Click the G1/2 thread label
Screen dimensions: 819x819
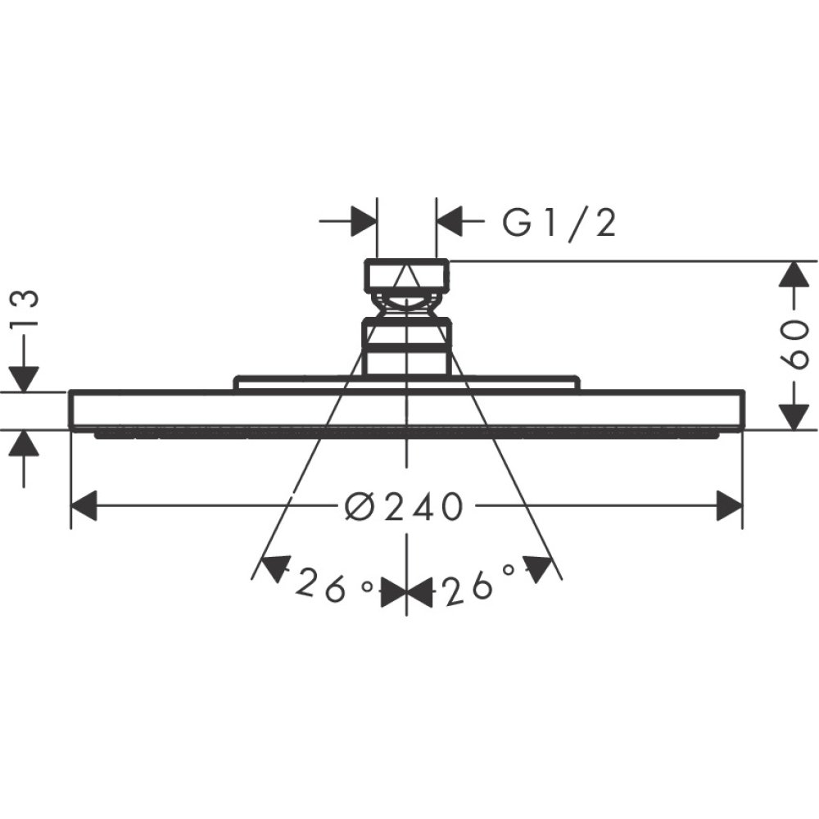pos(559,222)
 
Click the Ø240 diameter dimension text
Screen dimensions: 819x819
pos(403,508)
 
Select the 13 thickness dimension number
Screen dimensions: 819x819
pos(26,309)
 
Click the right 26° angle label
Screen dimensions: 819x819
pos(479,587)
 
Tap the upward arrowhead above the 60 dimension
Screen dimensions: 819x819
pos(791,274)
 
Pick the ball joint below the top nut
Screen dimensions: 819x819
pos(407,307)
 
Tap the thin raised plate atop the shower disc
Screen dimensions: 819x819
pos(407,383)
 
